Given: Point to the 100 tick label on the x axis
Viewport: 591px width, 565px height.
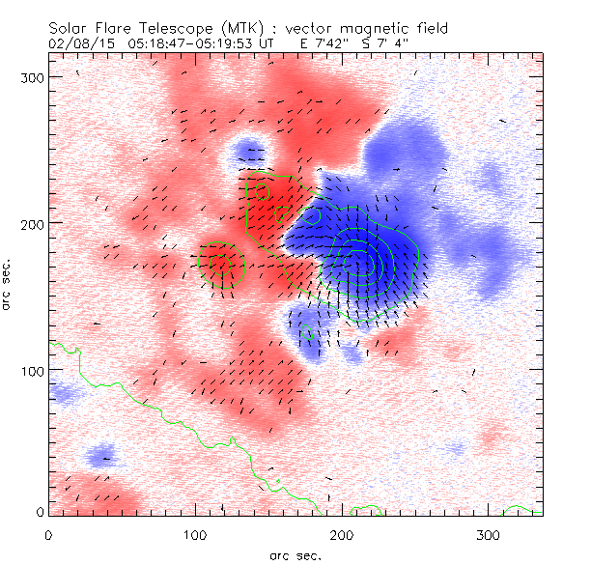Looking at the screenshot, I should (195, 533).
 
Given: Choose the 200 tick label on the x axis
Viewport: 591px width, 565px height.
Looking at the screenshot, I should (341, 533).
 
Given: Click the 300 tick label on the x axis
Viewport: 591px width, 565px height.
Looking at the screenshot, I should (488, 533).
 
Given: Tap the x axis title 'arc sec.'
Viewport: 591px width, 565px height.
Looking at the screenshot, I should (295, 554).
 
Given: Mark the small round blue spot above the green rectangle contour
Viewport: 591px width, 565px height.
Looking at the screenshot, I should (251, 152).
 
